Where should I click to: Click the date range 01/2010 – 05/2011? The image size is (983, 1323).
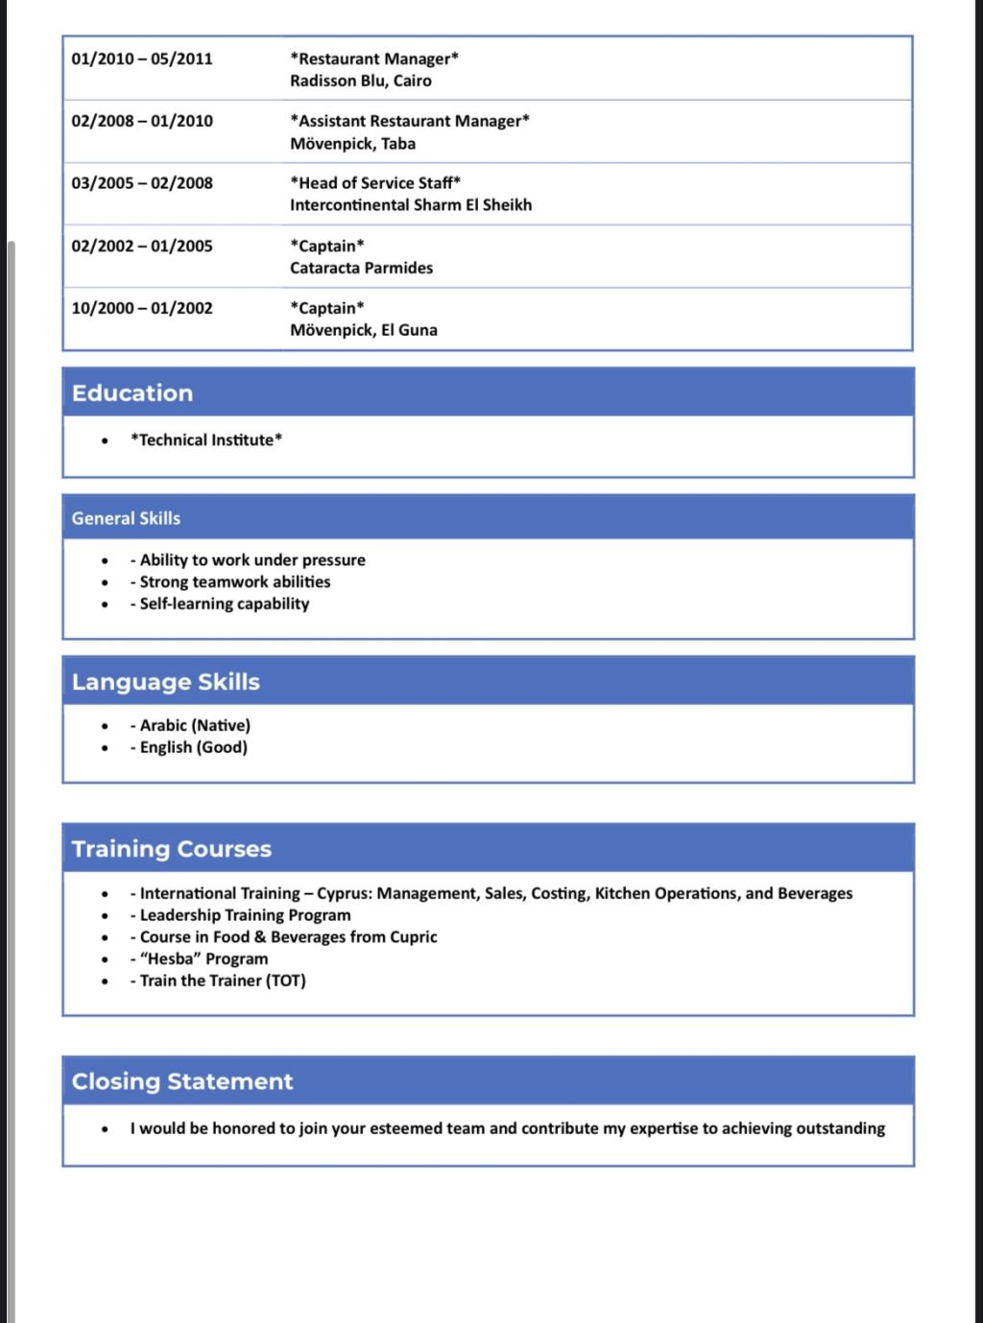pos(142,59)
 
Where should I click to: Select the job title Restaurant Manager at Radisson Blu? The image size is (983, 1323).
pos(374,59)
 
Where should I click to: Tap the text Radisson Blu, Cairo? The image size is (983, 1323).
pos(361,81)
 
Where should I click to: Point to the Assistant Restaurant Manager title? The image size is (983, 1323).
pos(410,121)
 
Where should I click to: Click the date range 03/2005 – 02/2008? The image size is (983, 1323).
pos(142,183)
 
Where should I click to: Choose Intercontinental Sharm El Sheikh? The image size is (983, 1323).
pos(411,204)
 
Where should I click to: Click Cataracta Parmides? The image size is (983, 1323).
pos(362,268)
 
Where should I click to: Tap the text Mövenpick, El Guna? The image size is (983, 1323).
pos(364,330)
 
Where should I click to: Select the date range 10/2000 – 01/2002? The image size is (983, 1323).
pos(142,308)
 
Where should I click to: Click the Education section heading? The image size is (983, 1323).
pos(132,393)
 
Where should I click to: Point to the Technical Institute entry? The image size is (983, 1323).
pos(206,439)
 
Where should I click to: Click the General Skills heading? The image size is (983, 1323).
pos(126,518)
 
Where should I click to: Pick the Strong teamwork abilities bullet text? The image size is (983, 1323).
pos(235,581)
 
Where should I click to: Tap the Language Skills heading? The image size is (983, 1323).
pos(166,682)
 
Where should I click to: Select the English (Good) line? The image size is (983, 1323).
pos(194,747)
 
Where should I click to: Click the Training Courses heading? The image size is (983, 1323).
pos(172,849)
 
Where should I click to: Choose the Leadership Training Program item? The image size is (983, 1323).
pos(246,915)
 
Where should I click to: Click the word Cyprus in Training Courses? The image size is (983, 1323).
pos(343,893)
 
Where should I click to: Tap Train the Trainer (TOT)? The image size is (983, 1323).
pos(223,980)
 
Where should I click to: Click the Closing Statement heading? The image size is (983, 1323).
pos(182,1081)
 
